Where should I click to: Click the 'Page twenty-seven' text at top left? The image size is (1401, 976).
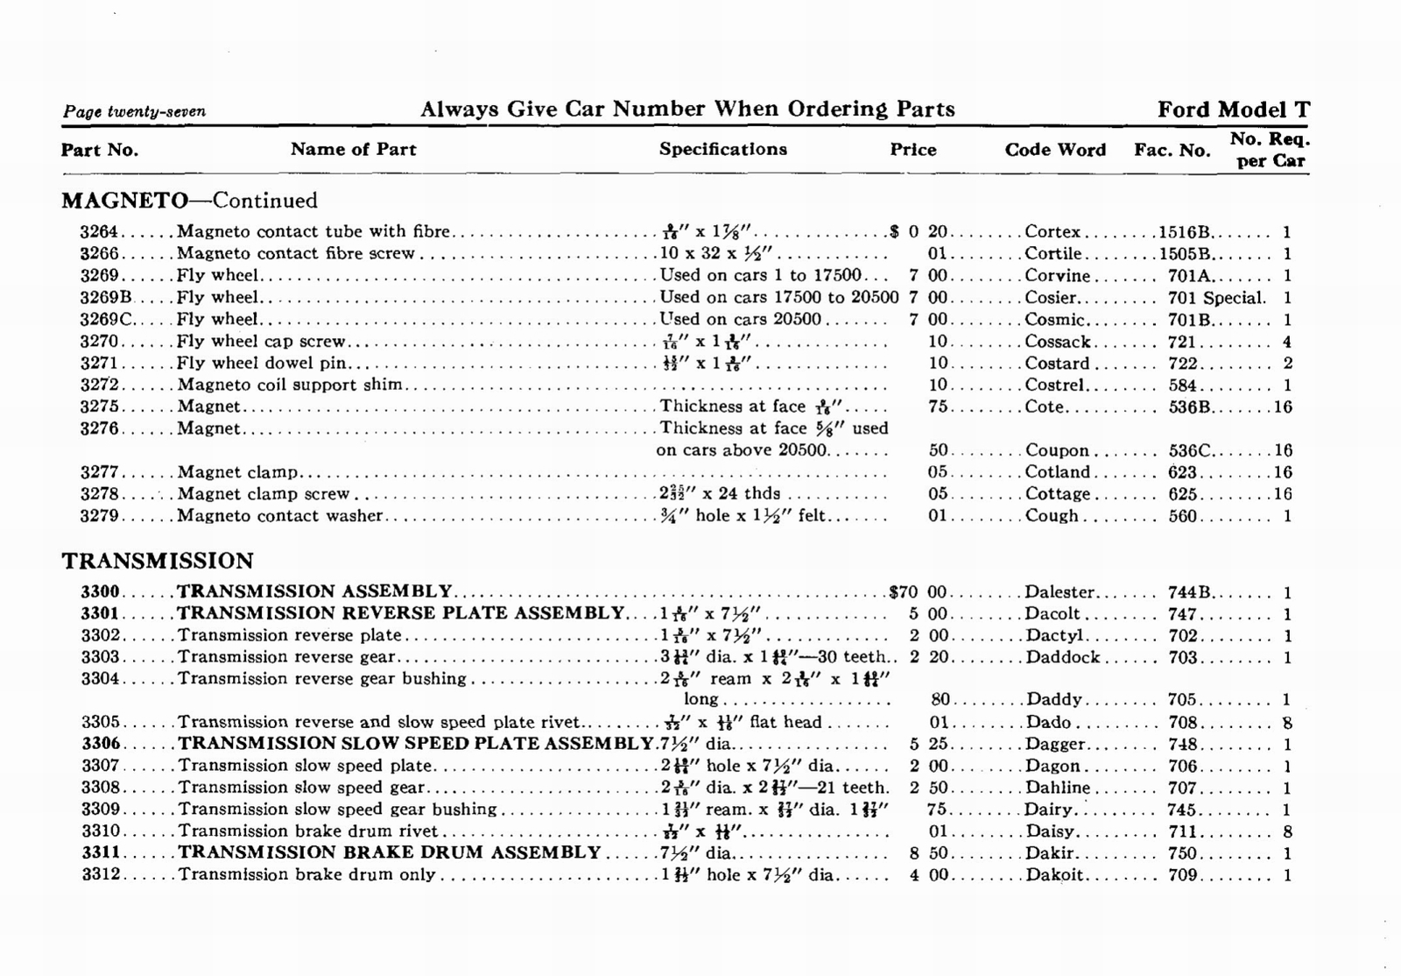click(x=134, y=111)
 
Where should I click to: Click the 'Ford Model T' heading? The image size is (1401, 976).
click(x=1233, y=110)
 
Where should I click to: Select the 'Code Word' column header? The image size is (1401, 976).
click(x=1054, y=150)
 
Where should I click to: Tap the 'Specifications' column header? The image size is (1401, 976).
click(x=722, y=149)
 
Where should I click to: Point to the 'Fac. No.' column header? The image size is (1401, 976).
click(x=1172, y=150)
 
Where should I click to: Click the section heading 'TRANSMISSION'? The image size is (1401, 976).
click(x=158, y=561)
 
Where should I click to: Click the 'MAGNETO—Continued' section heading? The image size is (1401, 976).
click(x=189, y=201)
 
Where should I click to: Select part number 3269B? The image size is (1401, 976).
click(x=105, y=298)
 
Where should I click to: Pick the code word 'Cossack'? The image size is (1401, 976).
click(x=1057, y=342)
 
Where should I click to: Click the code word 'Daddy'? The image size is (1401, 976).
click(x=1053, y=700)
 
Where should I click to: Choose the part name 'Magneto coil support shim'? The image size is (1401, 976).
click(x=290, y=385)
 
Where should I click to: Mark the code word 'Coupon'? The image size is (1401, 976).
click(x=1057, y=450)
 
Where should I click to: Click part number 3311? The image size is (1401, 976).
click(x=101, y=852)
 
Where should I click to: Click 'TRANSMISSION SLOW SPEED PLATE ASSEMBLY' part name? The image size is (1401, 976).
click(x=416, y=744)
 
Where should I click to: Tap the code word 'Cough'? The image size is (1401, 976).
click(x=1052, y=516)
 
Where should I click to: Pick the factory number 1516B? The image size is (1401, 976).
click(x=1184, y=232)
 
